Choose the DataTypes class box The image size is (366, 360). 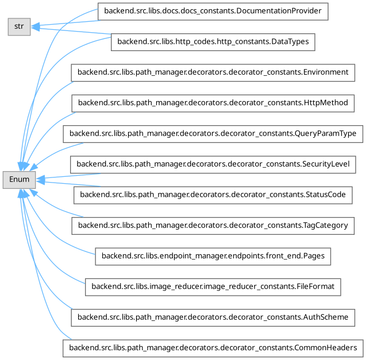click(x=213, y=41)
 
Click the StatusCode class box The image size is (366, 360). click(x=213, y=195)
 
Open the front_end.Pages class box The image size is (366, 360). click(x=213, y=256)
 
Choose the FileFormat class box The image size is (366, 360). click(x=213, y=287)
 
